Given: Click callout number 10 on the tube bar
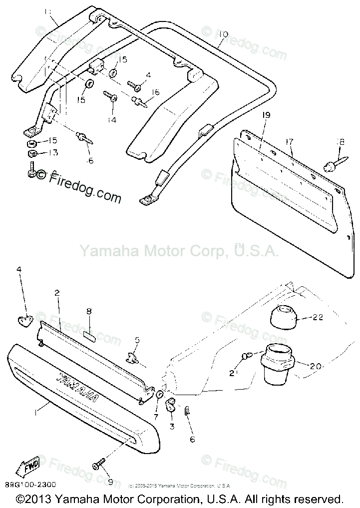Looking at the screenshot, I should (223, 34).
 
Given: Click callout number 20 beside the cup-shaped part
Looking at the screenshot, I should (315, 366).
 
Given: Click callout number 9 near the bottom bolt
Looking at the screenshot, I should (110, 483).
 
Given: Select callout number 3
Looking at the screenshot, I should (172, 426).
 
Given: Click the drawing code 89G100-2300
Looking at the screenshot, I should (31, 485).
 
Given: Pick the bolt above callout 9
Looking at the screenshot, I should (97, 465).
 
